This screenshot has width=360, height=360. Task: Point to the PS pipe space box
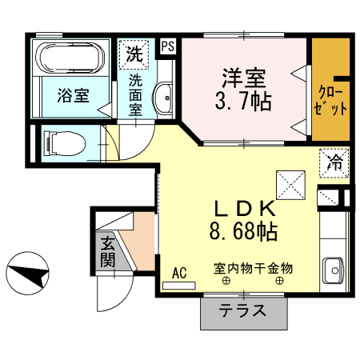click(x=167, y=46)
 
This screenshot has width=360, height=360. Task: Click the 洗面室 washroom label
click(x=135, y=94)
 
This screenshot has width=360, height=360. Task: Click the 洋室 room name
click(x=243, y=78)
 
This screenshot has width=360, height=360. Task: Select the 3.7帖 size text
click(x=245, y=102)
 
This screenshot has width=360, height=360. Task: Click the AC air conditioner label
click(x=179, y=273)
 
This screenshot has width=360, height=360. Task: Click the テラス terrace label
click(x=242, y=312)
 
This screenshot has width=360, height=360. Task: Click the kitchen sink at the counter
click(x=331, y=270)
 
